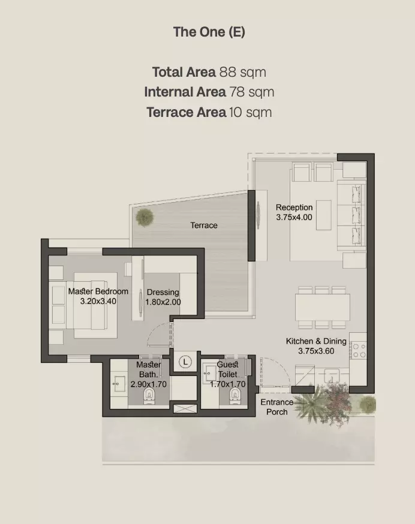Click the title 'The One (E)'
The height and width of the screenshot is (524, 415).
[x=209, y=32]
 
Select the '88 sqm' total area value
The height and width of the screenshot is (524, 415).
[x=242, y=72]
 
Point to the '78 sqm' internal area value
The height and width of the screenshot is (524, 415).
[x=251, y=92]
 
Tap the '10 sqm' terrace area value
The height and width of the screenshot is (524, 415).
[x=251, y=112]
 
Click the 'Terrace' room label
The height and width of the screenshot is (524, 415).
[x=204, y=225]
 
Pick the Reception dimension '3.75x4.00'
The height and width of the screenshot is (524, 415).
[x=294, y=217]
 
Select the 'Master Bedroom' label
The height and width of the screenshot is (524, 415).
[x=98, y=291]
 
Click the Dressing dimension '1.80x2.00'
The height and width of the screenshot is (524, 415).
[x=163, y=302]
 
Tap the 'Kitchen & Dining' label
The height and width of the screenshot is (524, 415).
[x=316, y=341]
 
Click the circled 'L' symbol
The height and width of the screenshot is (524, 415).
[x=185, y=362]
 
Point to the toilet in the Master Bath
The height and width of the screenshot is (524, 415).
[x=149, y=396]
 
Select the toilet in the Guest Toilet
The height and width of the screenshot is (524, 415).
[x=236, y=396]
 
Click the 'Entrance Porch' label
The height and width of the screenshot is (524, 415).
[x=277, y=407]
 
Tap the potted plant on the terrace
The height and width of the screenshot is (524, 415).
[x=145, y=218]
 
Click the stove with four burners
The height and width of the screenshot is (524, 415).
[x=359, y=350]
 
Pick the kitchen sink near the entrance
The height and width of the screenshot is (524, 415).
[x=332, y=376]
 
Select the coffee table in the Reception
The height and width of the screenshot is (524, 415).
[x=324, y=215]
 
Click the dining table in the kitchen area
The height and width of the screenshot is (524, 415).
[x=323, y=308]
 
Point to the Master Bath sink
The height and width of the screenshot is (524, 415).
[x=118, y=383]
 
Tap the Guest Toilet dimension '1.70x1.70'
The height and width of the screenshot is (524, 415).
[x=228, y=384]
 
